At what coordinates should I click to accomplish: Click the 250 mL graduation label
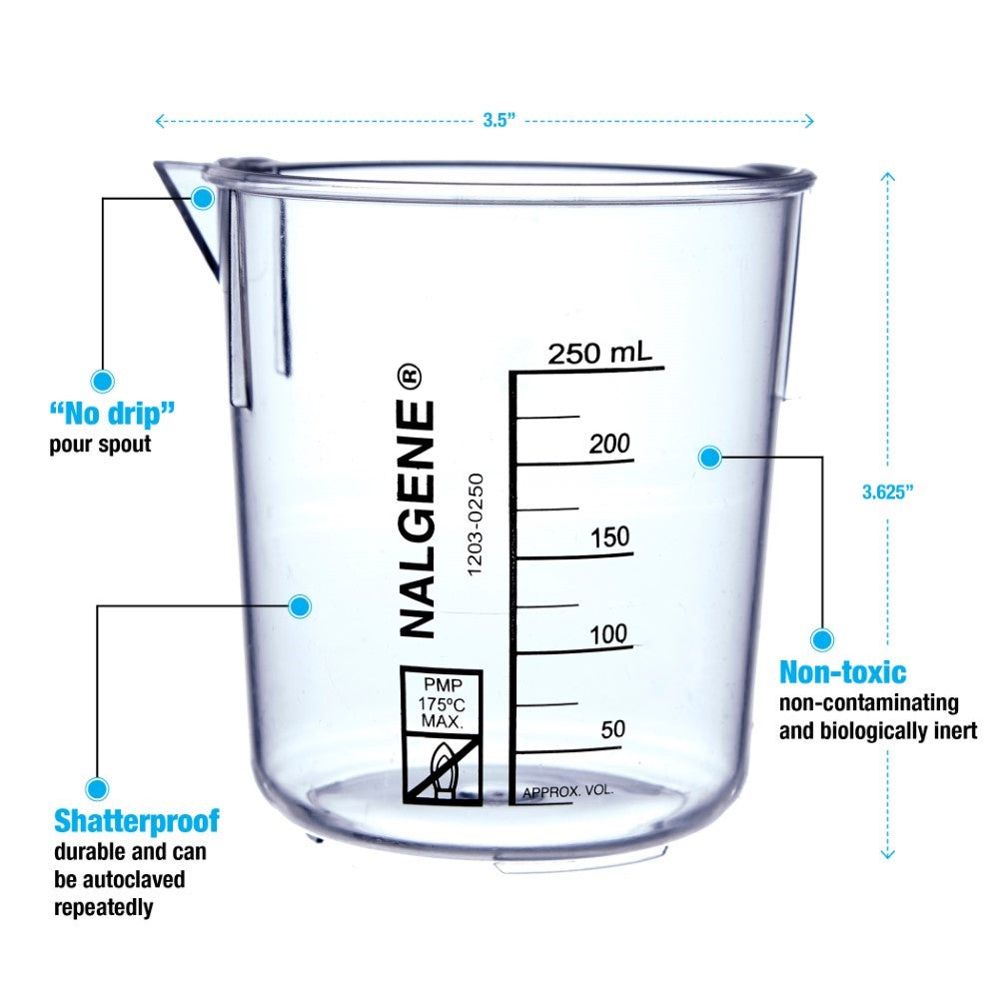[599, 353]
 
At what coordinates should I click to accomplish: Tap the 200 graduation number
[608, 444]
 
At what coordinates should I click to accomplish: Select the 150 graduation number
[609, 538]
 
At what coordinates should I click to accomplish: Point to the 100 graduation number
[608, 634]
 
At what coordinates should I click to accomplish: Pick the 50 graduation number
[613, 729]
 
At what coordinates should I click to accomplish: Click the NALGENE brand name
[418, 519]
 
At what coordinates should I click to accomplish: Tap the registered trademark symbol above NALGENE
[411, 377]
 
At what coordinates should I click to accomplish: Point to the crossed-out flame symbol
[441, 767]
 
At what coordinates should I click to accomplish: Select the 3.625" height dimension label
[888, 492]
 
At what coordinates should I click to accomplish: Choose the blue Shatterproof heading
[136, 822]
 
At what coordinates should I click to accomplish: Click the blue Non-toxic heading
[842, 671]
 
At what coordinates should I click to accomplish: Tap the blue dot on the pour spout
[203, 198]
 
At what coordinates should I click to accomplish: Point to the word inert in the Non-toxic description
[955, 730]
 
